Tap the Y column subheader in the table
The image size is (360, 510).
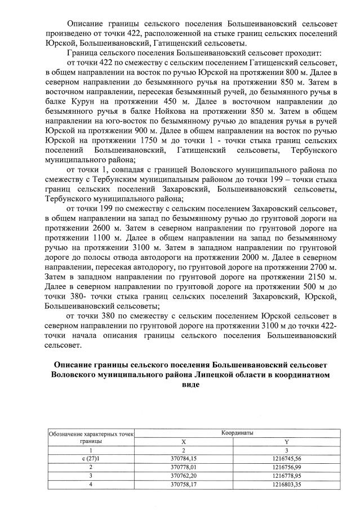click(288, 442)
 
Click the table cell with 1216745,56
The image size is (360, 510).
click(288, 459)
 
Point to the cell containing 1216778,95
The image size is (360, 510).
click(288, 476)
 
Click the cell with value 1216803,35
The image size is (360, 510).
click(288, 485)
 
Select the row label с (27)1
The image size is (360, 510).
click(90, 459)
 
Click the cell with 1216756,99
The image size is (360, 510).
click(288, 467)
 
